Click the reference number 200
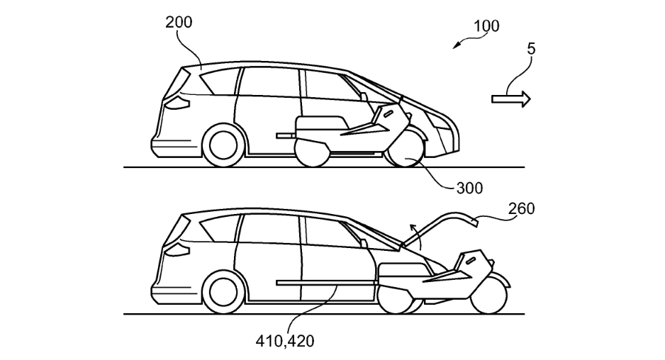[179, 22]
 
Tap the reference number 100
[486, 26]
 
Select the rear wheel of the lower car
[220, 291]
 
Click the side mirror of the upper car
[364, 96]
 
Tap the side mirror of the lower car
[364, 242]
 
